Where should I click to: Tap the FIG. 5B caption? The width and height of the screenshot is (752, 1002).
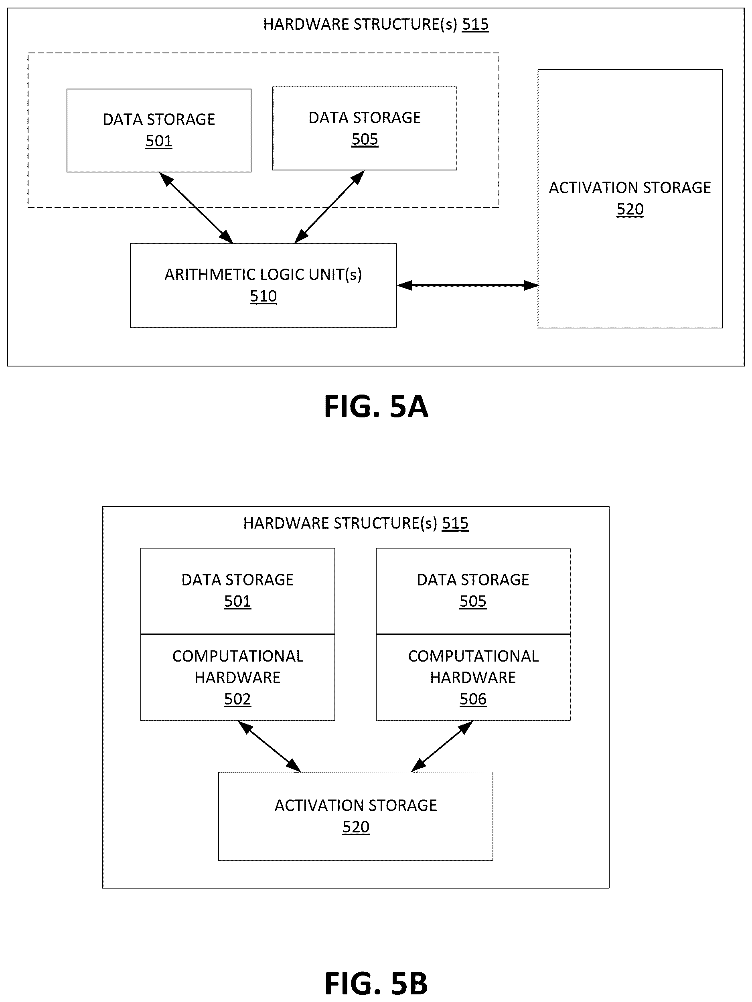pyautogui.click(x=376, y=984)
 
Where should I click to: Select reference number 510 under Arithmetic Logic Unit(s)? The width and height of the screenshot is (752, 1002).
pyautogui.click(x=263, y=296)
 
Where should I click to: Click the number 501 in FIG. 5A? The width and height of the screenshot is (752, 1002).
pyautogui.click(x=158, y=141)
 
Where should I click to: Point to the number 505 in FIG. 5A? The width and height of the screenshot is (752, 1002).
pyautogui.click(x=365, y=139)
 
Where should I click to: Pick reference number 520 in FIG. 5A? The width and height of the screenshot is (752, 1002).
pyautogui.click(x=630, y=209)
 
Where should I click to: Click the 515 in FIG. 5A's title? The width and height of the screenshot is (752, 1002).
pyautogui.click(x=475, y=24)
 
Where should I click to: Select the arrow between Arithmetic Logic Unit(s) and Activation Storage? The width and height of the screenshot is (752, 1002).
pyautogui.click(x=468, y=285)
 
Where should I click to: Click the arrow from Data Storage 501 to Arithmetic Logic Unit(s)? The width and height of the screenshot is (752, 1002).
pyautogui.click(x=196, y=208)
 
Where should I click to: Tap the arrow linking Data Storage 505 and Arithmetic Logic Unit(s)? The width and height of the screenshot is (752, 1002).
pyautogui.click(x=329, y=206)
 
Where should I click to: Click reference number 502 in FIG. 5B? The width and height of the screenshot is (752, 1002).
pyautogui.click(x=237, y=699)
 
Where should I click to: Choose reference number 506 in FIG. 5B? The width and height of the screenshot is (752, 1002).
pyautogui.click(x=473, y=699)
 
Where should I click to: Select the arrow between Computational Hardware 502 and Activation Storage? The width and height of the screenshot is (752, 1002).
pyautogui.click(x=269, y=746)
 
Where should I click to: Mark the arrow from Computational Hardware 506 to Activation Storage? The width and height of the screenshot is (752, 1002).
pyautogui.click(x=442, y=746)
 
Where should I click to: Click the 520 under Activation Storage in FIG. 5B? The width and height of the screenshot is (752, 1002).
pyautogui.click(x=356, y=827)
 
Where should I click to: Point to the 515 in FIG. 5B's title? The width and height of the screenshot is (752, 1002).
pyautogui.click(x=455, y=523)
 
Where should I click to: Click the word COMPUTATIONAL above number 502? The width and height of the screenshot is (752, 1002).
pyautogui.click(x=238, y=656)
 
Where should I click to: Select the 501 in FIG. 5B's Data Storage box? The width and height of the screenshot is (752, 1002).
pyautogui.click(x=237, y=601)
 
